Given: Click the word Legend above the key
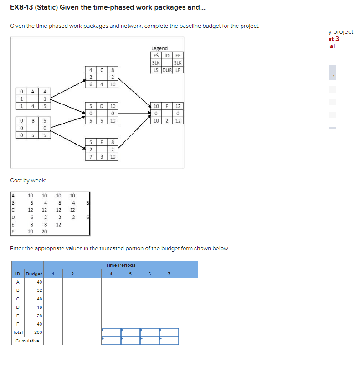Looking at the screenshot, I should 159,48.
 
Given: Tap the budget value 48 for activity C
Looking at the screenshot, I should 39,299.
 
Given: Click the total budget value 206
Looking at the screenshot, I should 38,332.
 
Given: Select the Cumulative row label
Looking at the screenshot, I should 27,341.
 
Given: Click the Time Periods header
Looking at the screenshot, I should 120,265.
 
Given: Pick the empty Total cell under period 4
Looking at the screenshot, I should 111,332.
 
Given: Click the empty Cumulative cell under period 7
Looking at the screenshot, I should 169,341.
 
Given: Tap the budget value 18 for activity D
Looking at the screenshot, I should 39,307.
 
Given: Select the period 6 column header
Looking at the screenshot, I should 149,274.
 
